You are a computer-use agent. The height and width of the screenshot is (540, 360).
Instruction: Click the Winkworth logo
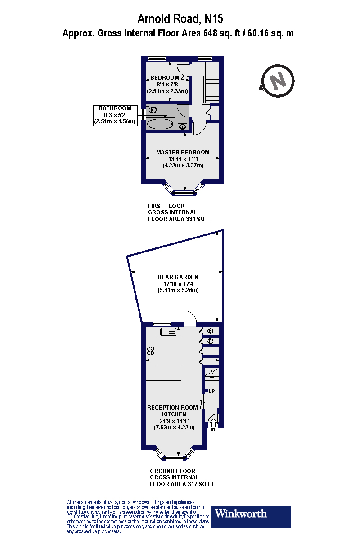pyautogui.click(x=251, y=517)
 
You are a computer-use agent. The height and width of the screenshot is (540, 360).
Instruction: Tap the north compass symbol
pyautogui.click(x=278, y=81)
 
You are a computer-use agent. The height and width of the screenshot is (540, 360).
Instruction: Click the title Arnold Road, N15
pyautogui.click(x=180, y=18)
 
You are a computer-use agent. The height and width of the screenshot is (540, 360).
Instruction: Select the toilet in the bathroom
pyautogui.click(x=152, y=110)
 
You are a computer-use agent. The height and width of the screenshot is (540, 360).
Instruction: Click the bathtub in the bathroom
pyautogui.click(x=160, y=124)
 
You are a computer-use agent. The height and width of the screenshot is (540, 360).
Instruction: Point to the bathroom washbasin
pyautogui.click(x=183, y=127)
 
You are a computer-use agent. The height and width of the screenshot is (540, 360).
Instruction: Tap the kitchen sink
pyautogui.click(x=170, y=332)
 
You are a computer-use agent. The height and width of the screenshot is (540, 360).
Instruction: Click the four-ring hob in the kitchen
pyautogui.click(x=150, y=351)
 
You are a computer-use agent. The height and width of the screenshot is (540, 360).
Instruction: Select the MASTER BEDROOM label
pyautogui.click(x=183, y=152)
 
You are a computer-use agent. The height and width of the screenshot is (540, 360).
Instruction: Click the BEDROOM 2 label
pyautogui.click(x=167, y=77)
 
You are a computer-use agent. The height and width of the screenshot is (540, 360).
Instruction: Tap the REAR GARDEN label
pyautogui.click(x=178, y=277)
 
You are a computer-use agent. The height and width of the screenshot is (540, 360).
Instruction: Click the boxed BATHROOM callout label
pyautogui.click(x=115, y=115)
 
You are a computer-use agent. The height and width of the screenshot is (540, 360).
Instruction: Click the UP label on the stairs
pyautogui.click(x=211, y=391)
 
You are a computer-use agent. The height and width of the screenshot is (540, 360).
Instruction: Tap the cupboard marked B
pyautogui.click(x=210, y=331)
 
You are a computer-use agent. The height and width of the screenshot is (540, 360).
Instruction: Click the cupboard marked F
pyautogui.click(x=210, y=342)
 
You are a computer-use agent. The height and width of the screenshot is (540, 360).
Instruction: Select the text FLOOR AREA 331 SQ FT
pyautogui.click(x=180, y=219)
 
